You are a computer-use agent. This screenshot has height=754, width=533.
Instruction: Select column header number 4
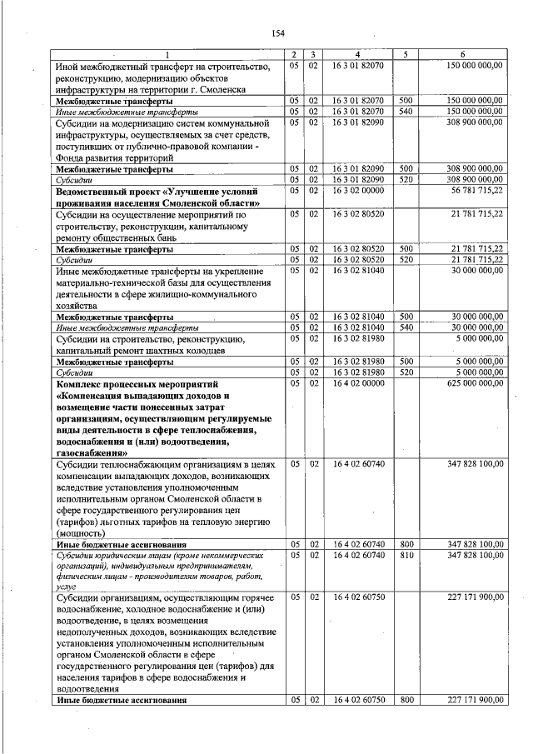(357, 55)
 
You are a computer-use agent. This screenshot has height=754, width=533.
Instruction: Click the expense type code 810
(406, 555)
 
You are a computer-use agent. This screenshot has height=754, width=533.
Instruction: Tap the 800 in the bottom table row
(406, 700)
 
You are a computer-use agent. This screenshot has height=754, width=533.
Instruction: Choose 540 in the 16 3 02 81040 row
(406, 328)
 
